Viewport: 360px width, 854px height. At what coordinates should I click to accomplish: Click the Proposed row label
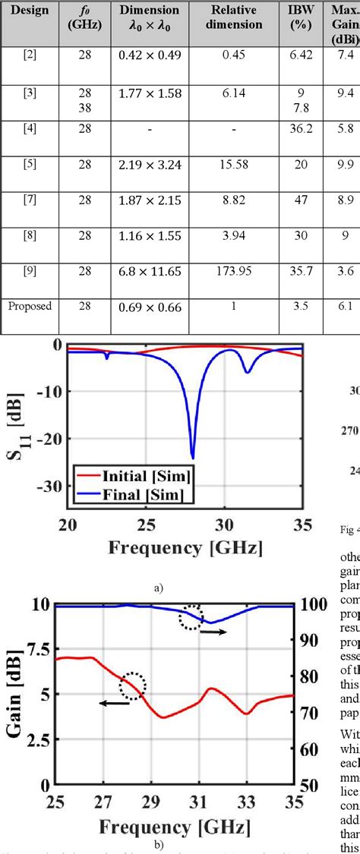point(29,306)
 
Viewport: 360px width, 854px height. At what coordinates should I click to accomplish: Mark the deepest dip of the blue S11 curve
point(192,458)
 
